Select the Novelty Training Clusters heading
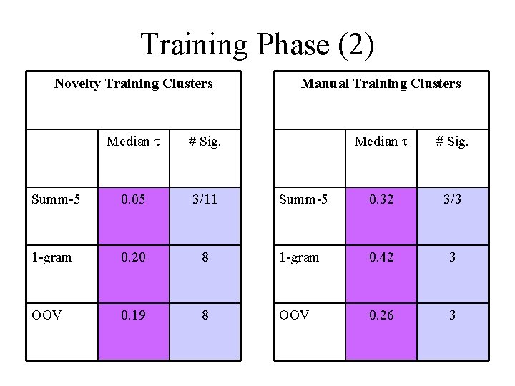134,84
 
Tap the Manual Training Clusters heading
381,84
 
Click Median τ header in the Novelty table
133,142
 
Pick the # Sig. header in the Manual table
452,142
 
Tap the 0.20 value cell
133,257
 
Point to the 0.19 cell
133,314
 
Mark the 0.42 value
381,257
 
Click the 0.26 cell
381,314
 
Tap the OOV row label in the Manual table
295,314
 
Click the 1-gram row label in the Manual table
299,257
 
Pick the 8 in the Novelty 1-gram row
205,257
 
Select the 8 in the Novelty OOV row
205,314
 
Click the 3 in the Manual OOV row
452,314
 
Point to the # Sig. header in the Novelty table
205,142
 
